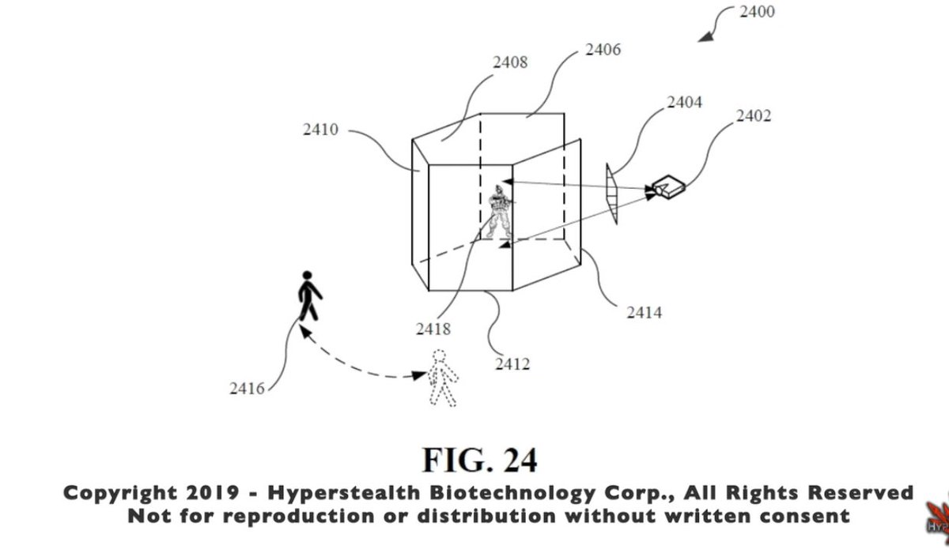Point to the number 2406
click(603, 51)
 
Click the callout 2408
click(509, 61)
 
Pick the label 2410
click(320, 129)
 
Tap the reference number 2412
click(512, 364)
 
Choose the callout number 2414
click(644, 314)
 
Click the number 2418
click(433, 328)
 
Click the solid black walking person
click(309, 296)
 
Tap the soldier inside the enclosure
click(498, 212)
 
